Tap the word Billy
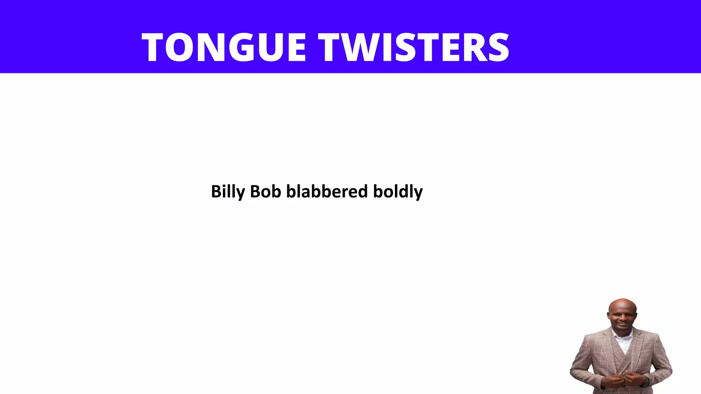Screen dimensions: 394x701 tap(228, 192)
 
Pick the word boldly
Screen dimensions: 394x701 tap(398, 192)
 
